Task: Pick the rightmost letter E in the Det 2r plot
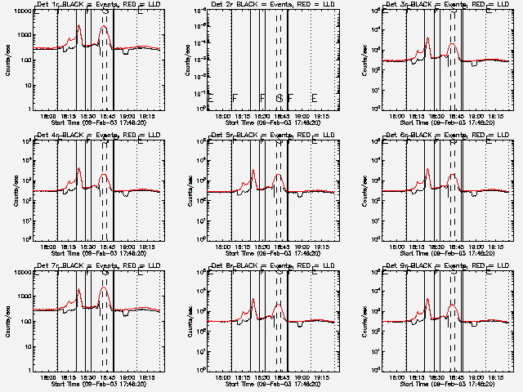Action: click(x=314, y=99)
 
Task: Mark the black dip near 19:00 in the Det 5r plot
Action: click(x=301, y=196)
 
